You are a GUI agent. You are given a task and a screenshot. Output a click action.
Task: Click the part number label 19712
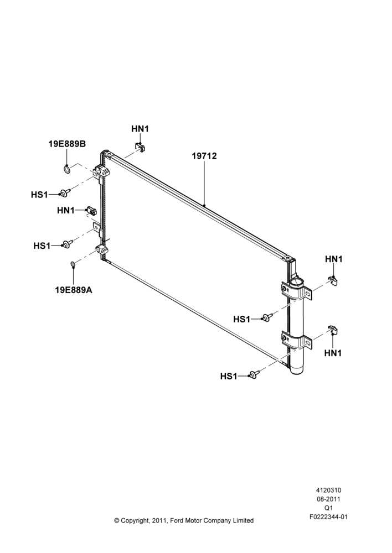pyautogui.click(x=204, y=155)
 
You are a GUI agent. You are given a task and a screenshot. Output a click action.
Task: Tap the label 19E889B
pyautogui.click(x=67, y=144)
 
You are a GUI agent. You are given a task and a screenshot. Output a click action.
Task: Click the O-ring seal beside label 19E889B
pyautogui.click(x=66, y=170)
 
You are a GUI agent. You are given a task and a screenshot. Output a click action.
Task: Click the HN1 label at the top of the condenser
pyautogui.click(x=140, y=129)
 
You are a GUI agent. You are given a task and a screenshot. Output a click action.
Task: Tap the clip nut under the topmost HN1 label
pyautogui.click(x=140, y=147)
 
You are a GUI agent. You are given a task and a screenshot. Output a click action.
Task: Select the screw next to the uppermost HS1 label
pyautogui.click(x=65, y=192)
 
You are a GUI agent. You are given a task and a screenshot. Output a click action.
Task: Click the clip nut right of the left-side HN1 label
pyautogui.click(x=91, y=211)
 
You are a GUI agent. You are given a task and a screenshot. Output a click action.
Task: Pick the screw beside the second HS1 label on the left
pyautogui.click(x=67, y=244)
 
